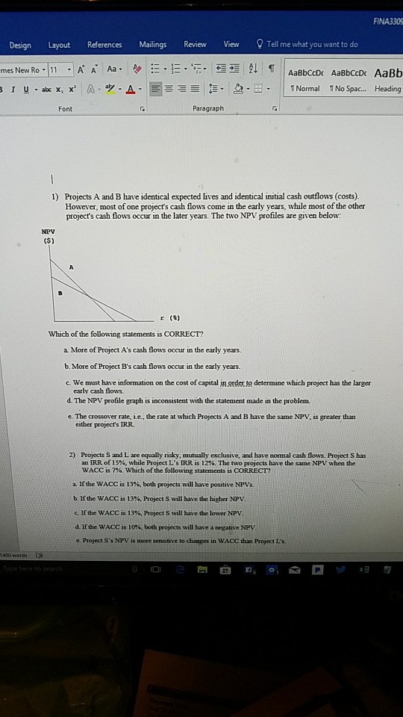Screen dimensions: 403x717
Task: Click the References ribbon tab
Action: tap(104, 45)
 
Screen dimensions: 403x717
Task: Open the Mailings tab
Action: tap(153, 45)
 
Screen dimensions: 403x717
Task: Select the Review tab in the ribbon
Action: tap(195, 45)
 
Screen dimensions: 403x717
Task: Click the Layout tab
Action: tap(59, 46)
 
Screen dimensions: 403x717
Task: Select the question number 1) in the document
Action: tap(57, 193)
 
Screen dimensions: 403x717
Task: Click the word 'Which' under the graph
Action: tap(57, 333)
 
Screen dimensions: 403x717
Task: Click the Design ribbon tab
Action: tap(20, 46)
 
